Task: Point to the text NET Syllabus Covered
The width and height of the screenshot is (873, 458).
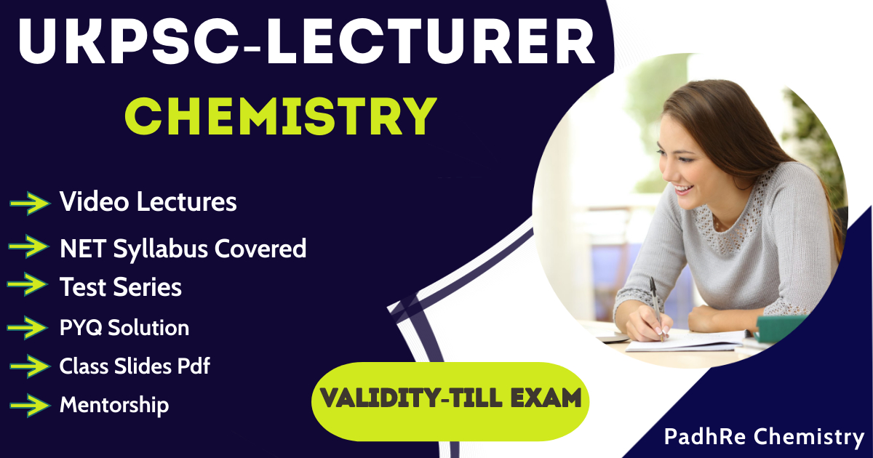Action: tap(183, 249)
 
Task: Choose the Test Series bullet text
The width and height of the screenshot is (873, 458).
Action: tap(121, 287)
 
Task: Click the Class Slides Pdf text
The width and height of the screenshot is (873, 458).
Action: tap(135, 366)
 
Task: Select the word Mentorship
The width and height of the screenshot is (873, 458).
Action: tap(114, 404)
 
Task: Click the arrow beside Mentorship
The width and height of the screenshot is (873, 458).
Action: tap(29, 404)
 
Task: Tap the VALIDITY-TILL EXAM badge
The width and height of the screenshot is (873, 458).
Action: tap(451, 398)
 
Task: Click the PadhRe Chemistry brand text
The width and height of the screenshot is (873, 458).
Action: tap(763, 437)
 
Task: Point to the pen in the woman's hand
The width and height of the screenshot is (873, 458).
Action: tap(656, 305)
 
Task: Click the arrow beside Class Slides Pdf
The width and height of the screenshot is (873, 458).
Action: tap(29, 366)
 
